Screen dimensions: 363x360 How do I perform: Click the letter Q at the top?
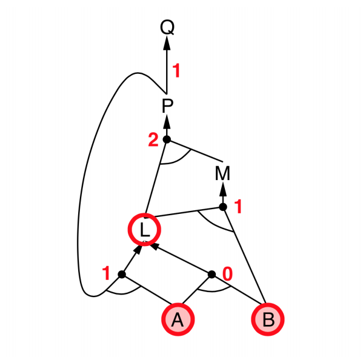[167, 27]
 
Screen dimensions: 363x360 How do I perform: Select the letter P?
[167, 106]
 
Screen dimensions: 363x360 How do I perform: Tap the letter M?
[222, 173]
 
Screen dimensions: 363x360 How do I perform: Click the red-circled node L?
[144, 230]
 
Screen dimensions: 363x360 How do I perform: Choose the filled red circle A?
[178, 319]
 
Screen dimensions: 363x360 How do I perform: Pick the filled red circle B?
[268, 319]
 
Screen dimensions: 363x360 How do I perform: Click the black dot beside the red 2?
[167, 139]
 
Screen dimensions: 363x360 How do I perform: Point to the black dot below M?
[223, 207]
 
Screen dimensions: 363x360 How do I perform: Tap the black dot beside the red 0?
[211, 275]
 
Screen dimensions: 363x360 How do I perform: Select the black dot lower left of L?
[122, 275]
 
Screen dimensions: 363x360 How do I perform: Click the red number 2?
[153, 139]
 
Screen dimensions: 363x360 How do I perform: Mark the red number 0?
[227, 274]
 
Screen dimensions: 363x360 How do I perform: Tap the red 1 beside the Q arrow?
[176, 71]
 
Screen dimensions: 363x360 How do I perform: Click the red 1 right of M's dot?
[238, 207]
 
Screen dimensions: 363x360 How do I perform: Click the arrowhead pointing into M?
[223, 189]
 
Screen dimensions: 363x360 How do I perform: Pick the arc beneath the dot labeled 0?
[213, 290]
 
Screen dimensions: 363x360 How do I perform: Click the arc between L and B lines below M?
[213, 224]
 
